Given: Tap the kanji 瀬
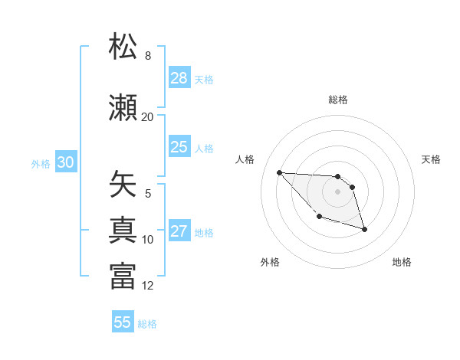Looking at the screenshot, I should click(x=123, y=106).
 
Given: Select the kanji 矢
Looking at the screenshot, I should click(x=123, y=185).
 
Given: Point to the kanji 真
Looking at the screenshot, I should click(x=123, y=229).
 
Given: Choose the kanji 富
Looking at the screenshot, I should click(x=123, y=275).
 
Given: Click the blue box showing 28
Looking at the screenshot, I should click(x=179, y=78).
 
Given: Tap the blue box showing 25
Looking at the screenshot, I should click(x=179, y=147).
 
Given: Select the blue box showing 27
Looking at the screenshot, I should click(x=179, y=231).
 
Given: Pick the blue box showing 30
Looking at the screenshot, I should click(x=66, y=162).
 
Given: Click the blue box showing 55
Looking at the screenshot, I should click(x=123, y=322).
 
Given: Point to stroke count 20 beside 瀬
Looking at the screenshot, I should click(x=147, y=116).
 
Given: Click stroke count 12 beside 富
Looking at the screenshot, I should click(x=147, y=286).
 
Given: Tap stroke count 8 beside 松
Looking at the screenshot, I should click(x=148, y=56).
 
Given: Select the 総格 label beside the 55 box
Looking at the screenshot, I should click(x=147, y=324).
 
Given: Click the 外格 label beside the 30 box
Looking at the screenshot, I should click(x=41, y=164).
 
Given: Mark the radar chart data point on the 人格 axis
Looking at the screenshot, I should click(x=279, y=172).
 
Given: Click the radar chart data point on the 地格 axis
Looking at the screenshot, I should click(x=364, y=229).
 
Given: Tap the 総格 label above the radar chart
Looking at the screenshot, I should click(x=337, y=100).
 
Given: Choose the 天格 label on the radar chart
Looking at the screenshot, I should click(x=432, y=159).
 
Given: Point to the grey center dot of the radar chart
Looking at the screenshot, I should click(x=337, y=191).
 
